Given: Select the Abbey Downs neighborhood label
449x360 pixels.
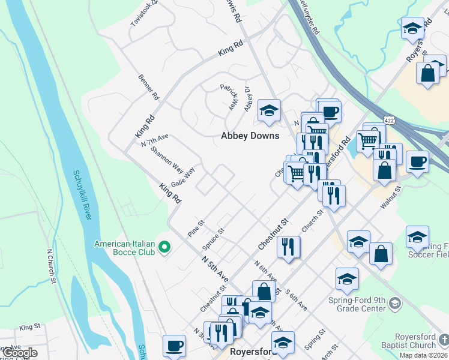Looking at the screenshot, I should click(x=250, y=136).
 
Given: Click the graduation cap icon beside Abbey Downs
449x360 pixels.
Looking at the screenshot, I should click(x=269, y=111).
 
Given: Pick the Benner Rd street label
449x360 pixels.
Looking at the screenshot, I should click(x=148, y=87).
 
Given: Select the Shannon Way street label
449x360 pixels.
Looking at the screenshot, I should click(x=167, y=158).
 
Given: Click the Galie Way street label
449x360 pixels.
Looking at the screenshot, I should click(x=183, y=178).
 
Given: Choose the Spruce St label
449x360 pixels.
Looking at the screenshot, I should click(x=213, y=239).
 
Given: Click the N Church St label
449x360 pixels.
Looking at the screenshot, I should click(x=52, y=265).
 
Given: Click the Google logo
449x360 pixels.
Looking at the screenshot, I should click(x=19, y=353).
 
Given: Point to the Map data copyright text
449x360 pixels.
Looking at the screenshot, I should click(x=424, y=355).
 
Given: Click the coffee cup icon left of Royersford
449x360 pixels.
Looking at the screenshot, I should click(x=174, y=346).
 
